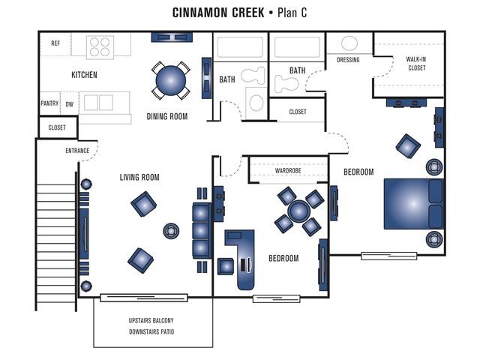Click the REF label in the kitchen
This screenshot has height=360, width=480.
pyautogui.click(x=55, y=43)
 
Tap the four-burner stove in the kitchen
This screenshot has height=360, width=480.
pyautogui.click(x=100, y=47)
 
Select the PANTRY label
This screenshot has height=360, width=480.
pyautogui.click(x=49, y=103)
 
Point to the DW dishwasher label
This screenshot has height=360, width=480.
pyautogui.click(x=70, y=104)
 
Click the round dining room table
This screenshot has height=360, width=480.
pyautogui.click(x=171, y=81)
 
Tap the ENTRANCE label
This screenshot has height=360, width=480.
pyautogui.click(x=77, y=151)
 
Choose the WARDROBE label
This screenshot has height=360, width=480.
pyautogui.click(x=288, y=170)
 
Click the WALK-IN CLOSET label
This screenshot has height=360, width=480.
pyautogui.click(x=416, y=63)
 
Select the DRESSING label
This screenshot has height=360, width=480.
pyautogui.click(x=348, y=60)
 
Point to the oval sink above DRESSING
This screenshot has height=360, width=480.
pyautogui.click(x=349, y=43)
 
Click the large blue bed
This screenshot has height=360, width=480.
pyautogui.click(x=413, y=204)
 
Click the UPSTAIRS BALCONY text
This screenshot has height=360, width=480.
pyautogui.click(x=151, y=320)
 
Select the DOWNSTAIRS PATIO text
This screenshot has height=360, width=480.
pyautogui.click(x=151, y=331)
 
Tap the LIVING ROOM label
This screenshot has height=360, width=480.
pyautogui.click(x=139, y=177)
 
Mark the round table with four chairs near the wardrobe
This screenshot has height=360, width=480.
pyautogui.click(x=299, y=211)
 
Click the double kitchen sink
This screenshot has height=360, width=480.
pyautogui.click(x=98, y=102)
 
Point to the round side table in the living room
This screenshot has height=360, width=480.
pyautogui.click(x=171, y=231)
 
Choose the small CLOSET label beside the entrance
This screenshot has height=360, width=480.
pyautogui.click(x=57, y=127)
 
